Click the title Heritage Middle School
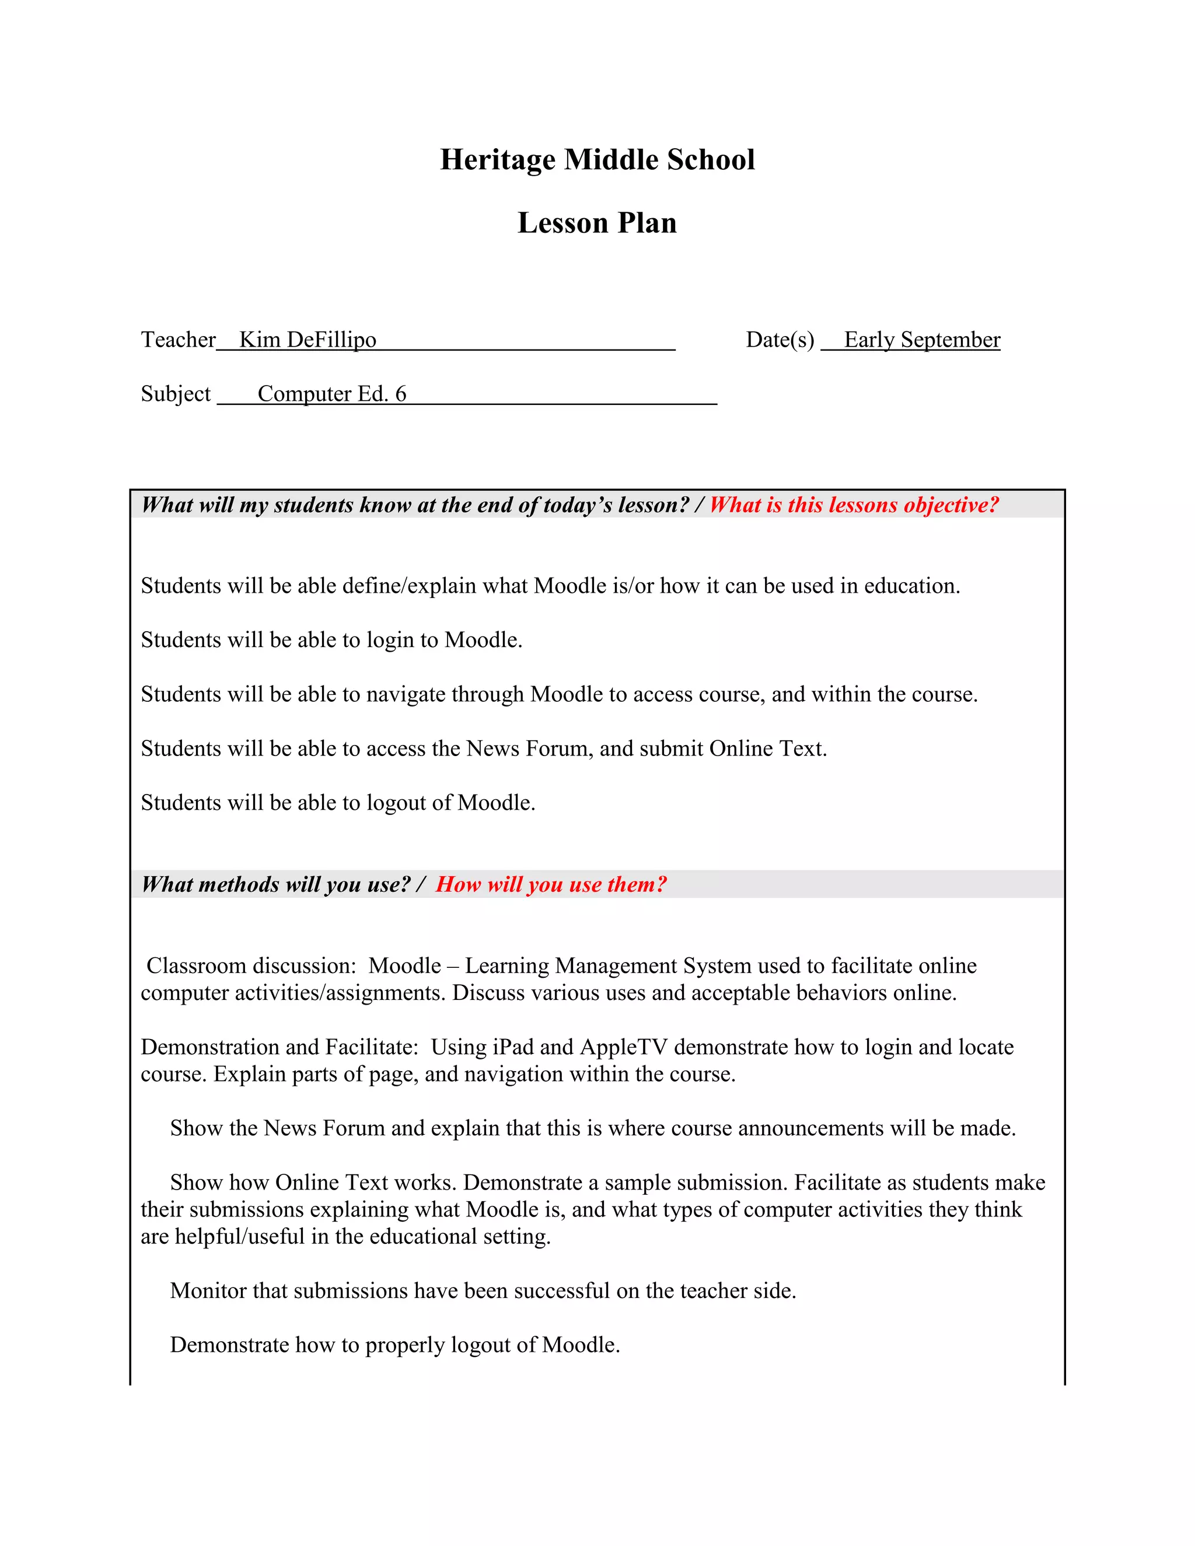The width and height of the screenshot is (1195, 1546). tap(597, 159)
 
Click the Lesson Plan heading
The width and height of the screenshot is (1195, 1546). tap(597, 223)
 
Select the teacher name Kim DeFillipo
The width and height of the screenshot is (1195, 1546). tap(308, 340)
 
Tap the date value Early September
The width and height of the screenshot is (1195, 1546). tap(922, 340)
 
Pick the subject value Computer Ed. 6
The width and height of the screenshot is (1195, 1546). tap(331, 394)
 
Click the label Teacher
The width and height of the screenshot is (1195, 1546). tap(178, 340)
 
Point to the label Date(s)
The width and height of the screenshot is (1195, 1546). tap(780, 340)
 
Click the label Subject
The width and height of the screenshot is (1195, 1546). tap(176, 394)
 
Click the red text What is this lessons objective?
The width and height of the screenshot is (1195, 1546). tap(854, 505)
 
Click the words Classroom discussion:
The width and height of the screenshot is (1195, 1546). tap(251, 966)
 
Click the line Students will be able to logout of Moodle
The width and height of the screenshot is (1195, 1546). tap(338, 803)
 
